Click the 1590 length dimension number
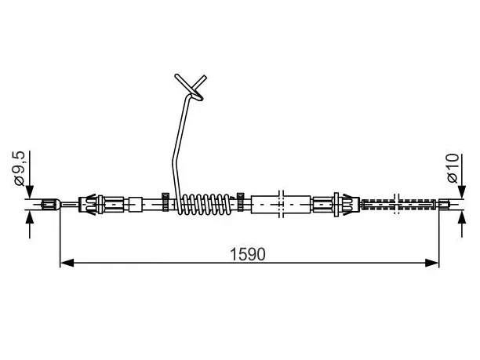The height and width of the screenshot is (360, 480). (248, 254)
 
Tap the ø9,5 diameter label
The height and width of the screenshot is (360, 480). (20, 169)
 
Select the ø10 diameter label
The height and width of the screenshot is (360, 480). (453, 169)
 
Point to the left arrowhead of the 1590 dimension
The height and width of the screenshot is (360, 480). (67, 263)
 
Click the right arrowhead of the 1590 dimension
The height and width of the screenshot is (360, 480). (432, 263)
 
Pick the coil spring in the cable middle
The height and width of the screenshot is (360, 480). (206, 204)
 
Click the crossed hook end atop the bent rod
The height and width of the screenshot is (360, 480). (191, 87)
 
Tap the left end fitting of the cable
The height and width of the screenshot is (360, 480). (50, 204)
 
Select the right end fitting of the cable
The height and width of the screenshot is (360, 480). (444, 204)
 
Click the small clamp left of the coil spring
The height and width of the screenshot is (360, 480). (165, 202)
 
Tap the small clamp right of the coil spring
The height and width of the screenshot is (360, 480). (241, 202)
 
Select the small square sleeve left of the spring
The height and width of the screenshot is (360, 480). (135, 204)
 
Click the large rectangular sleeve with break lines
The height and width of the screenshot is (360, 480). (281, 204)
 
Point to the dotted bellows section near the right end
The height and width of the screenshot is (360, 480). (398, 204)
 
